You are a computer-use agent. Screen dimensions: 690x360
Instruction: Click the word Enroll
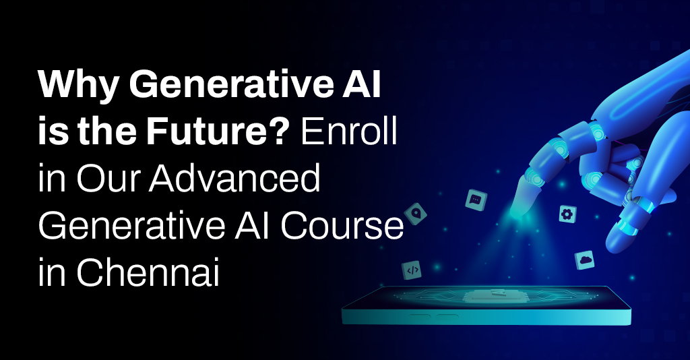(348, 131)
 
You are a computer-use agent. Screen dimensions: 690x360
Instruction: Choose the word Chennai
(148, 272)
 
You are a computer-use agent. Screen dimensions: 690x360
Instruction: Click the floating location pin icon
(415, 214)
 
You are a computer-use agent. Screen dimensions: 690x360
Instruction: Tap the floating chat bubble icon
(476, 200)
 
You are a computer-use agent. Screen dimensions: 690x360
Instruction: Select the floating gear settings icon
(567, 214)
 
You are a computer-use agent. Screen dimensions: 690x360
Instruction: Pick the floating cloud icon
(585, 260)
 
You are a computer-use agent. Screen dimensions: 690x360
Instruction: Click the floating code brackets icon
(412, 270)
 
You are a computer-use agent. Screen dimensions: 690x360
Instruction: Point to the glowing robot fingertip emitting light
(520, 210)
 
